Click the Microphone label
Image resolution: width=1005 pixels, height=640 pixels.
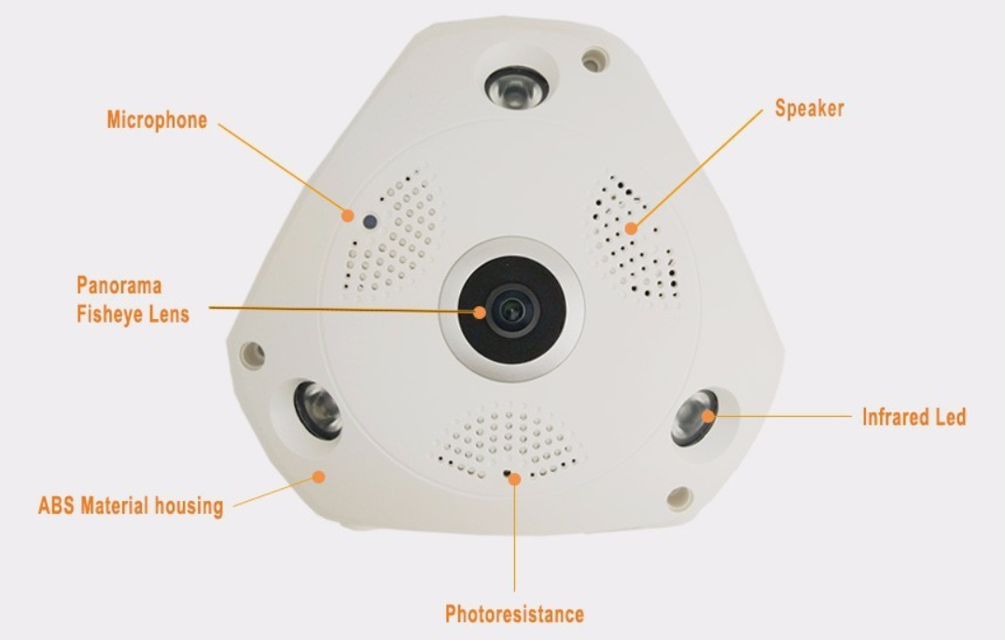(157, 120)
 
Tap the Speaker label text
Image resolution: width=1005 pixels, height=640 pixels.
(809, 108)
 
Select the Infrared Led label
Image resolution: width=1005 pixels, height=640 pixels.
(914, 416)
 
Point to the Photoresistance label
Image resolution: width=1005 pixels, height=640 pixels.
(514, 614)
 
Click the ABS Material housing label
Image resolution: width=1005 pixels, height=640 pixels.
(131, 507)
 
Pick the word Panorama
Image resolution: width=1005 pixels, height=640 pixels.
(119, 285)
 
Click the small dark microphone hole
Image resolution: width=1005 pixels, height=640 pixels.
(370, 223)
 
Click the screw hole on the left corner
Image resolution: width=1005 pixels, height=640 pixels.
(252, 354)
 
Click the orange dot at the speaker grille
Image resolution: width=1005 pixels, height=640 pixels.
(632, 228)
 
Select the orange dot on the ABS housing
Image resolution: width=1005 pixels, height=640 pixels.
(319, 476)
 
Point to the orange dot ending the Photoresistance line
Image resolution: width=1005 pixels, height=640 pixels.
(514, 479)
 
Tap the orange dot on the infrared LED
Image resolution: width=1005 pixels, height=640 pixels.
(709, 416)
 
